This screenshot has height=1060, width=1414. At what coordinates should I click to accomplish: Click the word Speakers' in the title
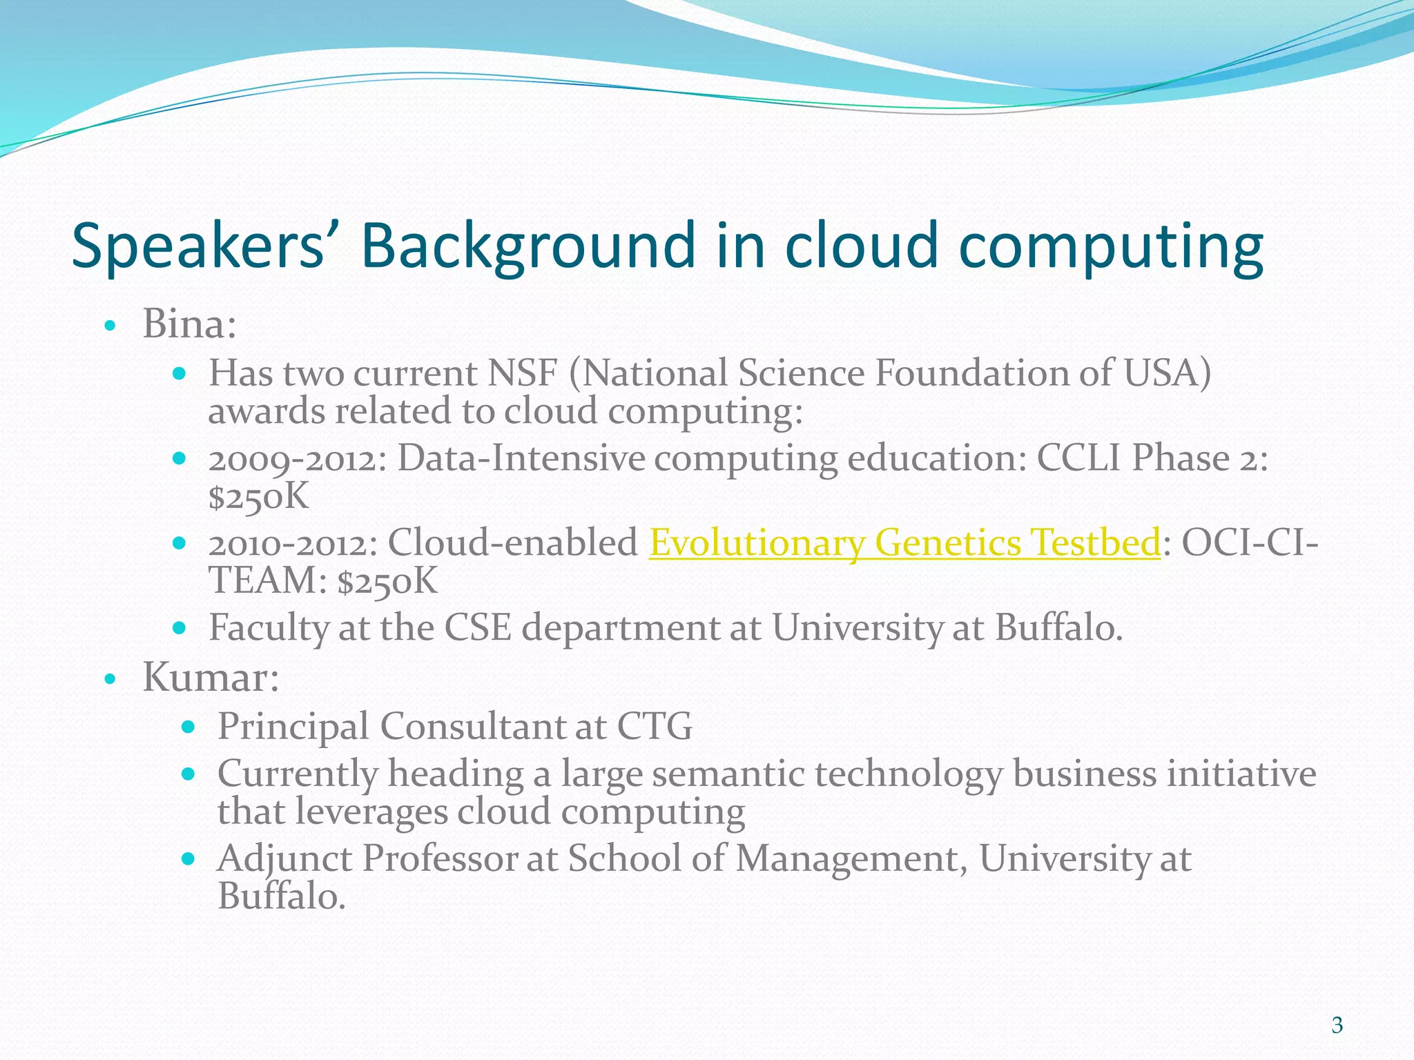tap(197, 246)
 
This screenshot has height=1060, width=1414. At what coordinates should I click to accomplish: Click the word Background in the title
tap(527, 246)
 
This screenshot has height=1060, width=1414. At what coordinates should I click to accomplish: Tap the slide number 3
tap(1337, 1025)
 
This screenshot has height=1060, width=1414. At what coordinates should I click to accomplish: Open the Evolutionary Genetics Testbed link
tap(904, 543)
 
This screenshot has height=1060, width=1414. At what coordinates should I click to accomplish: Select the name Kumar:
tap(211, 677)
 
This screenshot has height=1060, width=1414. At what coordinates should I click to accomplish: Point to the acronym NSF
tap(523, 373)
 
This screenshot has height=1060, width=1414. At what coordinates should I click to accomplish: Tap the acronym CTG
tap(655, 726)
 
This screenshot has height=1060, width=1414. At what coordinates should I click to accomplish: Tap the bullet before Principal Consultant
tap(188, 727)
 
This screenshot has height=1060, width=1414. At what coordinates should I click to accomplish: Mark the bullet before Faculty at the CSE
tap(180, 629)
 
